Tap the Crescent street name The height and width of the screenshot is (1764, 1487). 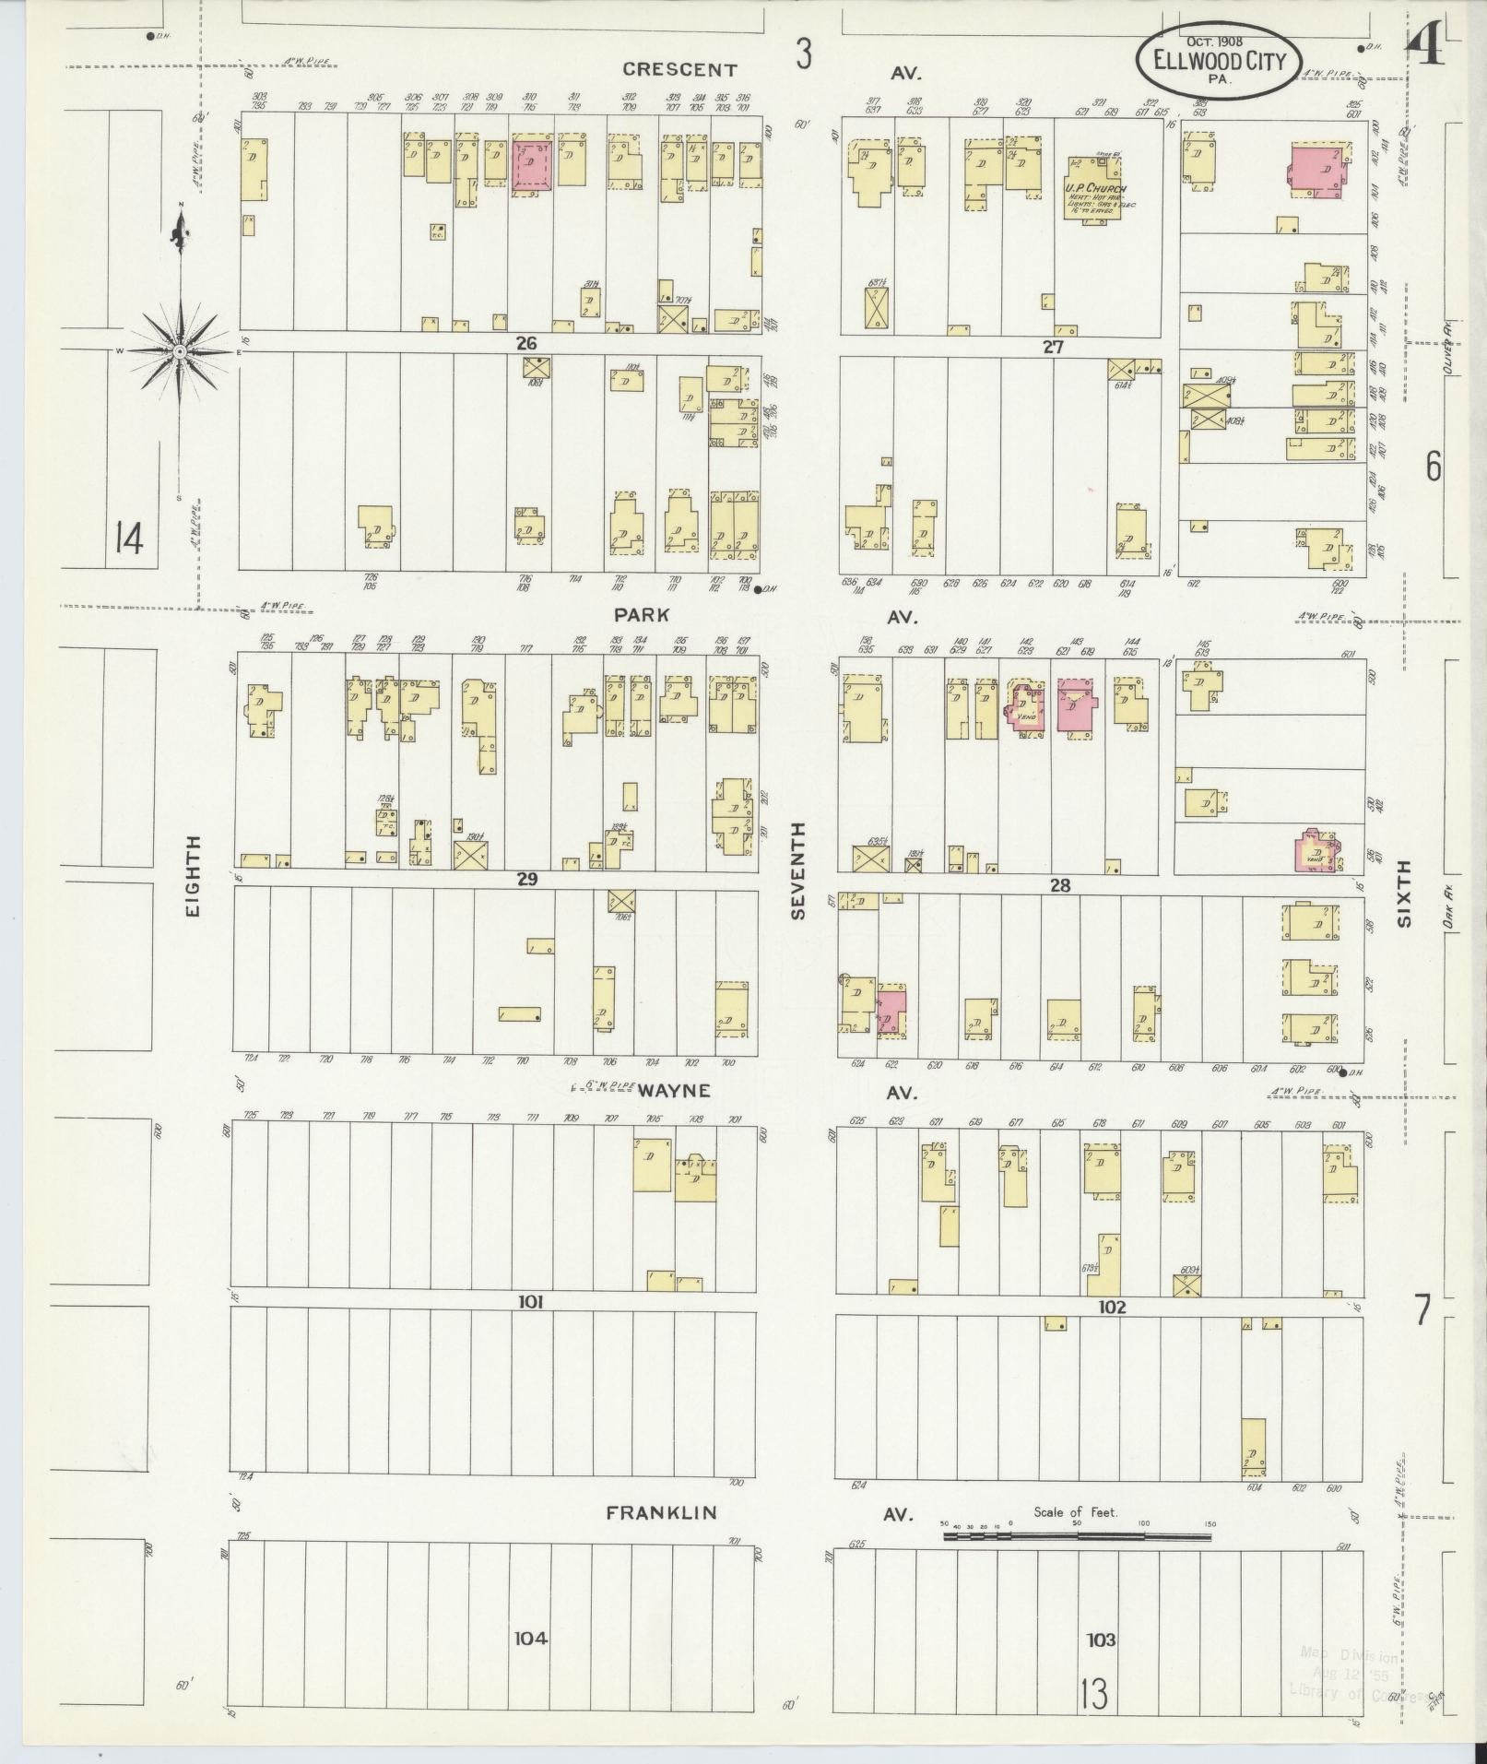click(x=679, y=69)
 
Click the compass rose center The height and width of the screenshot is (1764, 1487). click(x=180, y=351)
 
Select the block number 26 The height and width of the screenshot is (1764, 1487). click(x=526, y=344)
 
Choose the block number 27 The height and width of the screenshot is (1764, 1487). click(x=1053, y=348)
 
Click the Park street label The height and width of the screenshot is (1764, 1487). click(x=644, y=614)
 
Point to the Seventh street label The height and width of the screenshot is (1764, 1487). click(x=798, y=870)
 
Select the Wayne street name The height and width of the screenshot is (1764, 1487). click(x=676, y=1091)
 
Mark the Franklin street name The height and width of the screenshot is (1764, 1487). click(x=661, y=1513)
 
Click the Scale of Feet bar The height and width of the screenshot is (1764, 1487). click(x=1078, y=1536)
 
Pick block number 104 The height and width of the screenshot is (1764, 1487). click(x=531, y=1638)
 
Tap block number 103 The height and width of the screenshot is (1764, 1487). click(x=1101, y=1640)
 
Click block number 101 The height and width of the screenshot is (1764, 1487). click(x=531, y=1302)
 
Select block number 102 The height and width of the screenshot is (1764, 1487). click(x=1112, y=1307)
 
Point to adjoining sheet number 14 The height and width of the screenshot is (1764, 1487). click(x=129, y=538)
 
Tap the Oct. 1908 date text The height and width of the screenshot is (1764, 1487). click(x=1214, y=41)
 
